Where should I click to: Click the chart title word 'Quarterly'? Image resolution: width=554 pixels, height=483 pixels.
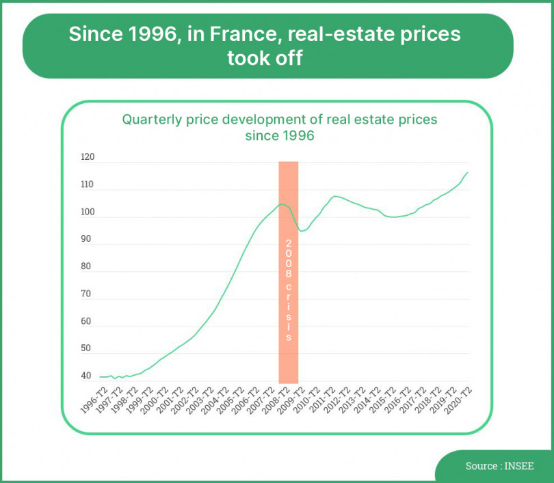(x=152, y=120)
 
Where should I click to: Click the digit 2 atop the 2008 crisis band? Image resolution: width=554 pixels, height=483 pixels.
(x=289, y=244)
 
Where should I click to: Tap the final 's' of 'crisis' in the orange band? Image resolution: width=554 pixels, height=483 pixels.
(x=289, y=337)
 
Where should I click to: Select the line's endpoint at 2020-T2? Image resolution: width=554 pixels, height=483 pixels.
(x=468, y=172)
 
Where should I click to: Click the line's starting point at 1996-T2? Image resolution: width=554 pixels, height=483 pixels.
(x=100, y=377)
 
